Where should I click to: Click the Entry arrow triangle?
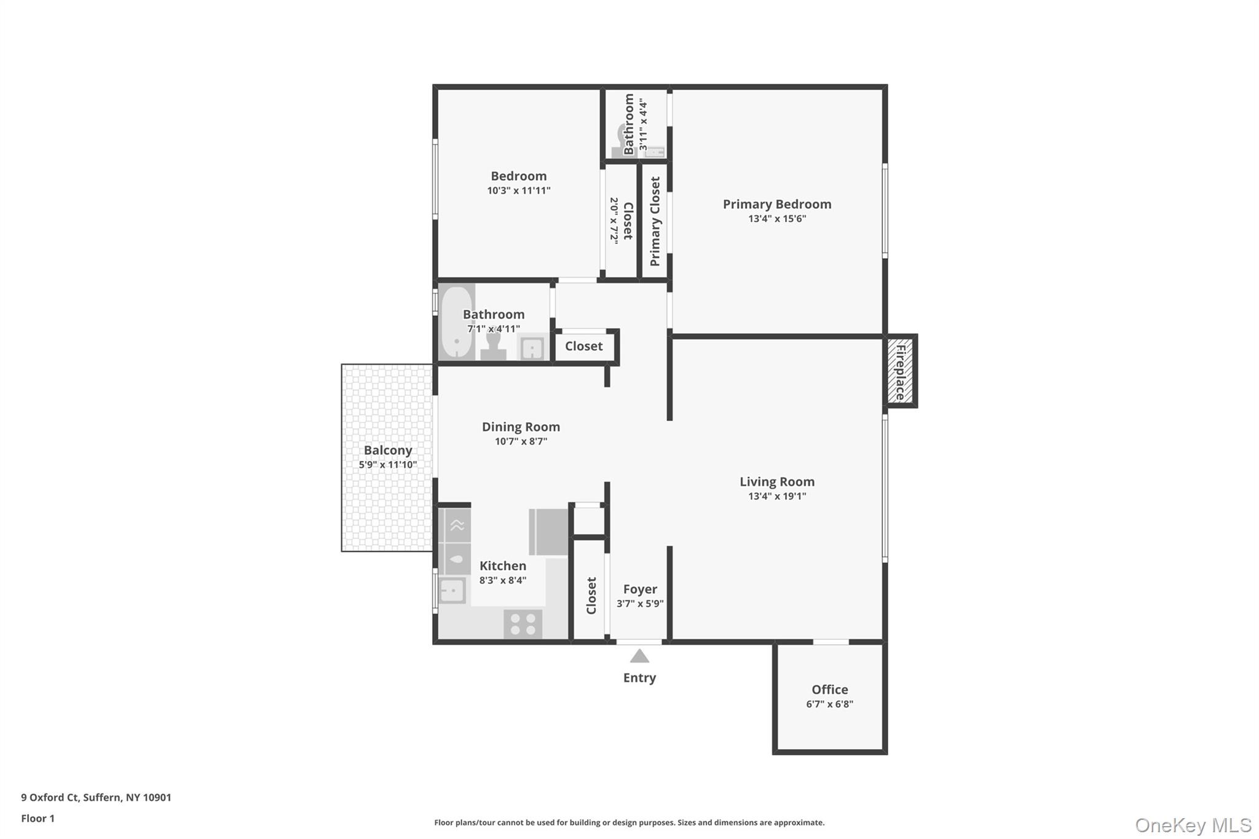pyautogui.click(x=639, y=656)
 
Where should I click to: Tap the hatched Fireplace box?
pyautogui.click(x=900, y=371)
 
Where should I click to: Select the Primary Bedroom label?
pyautogui.click(x=776, y=204)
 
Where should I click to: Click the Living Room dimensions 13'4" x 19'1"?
pyautogui.click(x=776, y=496)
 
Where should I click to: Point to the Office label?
pyautogui.click(x=829, y=690)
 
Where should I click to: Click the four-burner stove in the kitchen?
pyautogui.click(x=523, y=624)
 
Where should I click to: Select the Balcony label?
pyautogui.click(x=388, y=450)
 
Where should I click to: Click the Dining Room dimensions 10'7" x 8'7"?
pyautogui.click(x=521, y=441)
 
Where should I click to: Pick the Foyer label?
pyautogui.click(x=640, y=589)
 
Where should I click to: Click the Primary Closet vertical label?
pyautogui.click(x=655, y=221)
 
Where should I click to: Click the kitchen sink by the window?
pyautogui.click(x=452, y=591)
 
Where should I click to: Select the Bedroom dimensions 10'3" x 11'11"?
pyautogui.click(x=518, y=191)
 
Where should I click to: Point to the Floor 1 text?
pyautogui.click(x=37, y=818)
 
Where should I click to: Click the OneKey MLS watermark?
pyautogui.click(x=1193, y=825)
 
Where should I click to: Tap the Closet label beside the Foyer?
pyautogui.click(x=591, y=595)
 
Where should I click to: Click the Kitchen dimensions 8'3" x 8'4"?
pyautogui.click(x=503, y=580)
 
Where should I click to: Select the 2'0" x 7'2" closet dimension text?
pyautogui.click(x=614, y=220)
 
